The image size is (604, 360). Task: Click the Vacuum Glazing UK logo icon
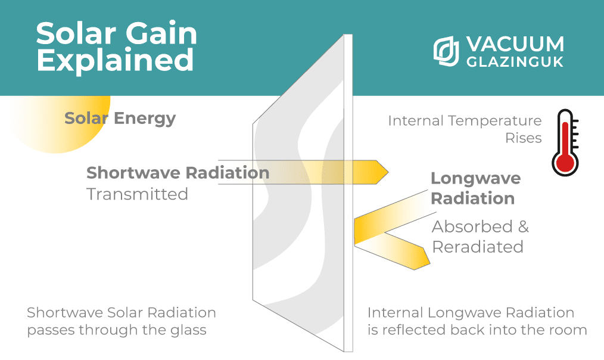[445, 51]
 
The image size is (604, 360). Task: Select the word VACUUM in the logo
[513, 44]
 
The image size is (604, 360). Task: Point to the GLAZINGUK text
[513, 61]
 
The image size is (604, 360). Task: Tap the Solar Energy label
[120, 118]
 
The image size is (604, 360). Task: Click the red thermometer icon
[562, 142]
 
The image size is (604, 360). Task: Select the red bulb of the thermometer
[562, 162]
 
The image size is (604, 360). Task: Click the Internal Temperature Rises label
[465, 129]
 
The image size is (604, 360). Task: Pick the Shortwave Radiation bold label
[178, 173]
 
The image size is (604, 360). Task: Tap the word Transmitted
[137, 194]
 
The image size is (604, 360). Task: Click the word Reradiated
[478, 247]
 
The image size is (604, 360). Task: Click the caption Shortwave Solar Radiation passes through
[121, 321]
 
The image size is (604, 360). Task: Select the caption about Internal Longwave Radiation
[477, 321]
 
